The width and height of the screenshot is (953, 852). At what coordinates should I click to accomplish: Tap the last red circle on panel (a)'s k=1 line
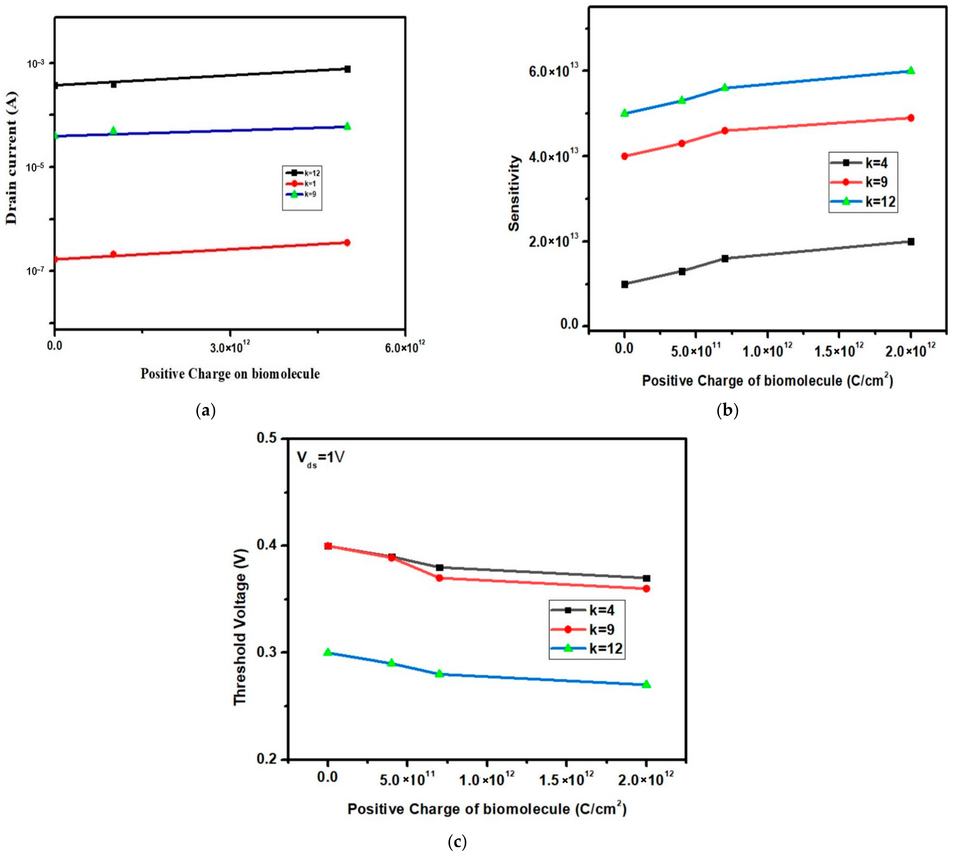pyautogui.click(x=347, y=243)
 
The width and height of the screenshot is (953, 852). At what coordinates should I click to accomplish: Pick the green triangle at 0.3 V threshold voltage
pyautogui.click(x=328, y=652)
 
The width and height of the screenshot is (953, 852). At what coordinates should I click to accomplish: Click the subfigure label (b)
pyautogui.click(x=727, y=410)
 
